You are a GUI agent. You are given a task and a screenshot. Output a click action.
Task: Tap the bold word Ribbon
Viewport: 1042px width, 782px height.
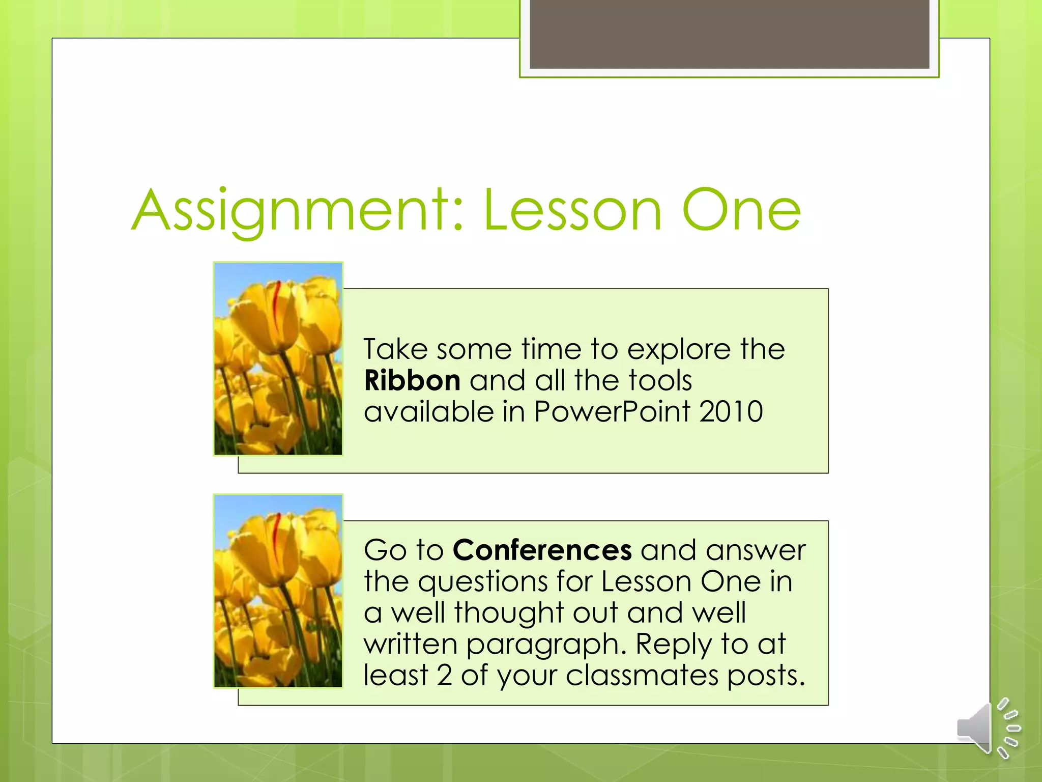click(412, 381)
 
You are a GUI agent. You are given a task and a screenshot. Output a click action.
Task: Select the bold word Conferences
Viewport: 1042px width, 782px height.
click(542, 550)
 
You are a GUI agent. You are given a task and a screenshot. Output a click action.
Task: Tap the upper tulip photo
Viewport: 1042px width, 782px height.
click(278, 359)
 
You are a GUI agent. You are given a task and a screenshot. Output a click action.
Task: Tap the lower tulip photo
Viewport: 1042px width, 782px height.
click(278, 591)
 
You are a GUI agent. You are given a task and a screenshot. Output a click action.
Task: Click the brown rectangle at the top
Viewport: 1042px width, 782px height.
click(729, 34)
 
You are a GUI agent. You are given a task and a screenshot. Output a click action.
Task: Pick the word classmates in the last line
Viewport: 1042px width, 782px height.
click(642, 676)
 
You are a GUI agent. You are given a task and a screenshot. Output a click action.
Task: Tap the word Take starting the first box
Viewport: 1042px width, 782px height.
click(395, 350)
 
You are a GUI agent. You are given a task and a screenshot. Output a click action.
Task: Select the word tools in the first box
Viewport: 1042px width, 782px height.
click(660, 381)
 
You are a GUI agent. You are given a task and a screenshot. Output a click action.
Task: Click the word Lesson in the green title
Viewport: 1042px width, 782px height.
click(573, 210)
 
